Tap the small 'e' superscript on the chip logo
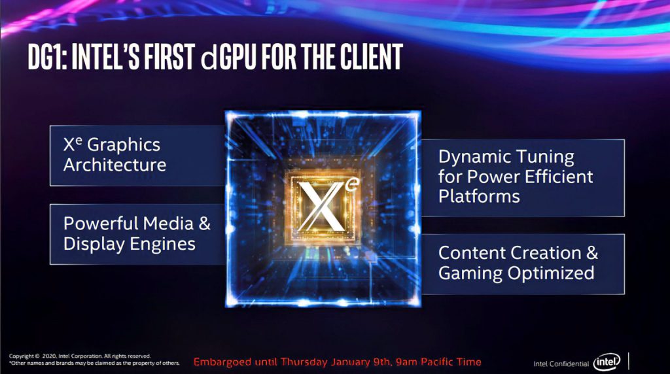click(353, 184)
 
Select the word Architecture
click(115, 165)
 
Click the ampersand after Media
click(205, 224)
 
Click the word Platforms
click(479, 196)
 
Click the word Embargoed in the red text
click(222, 362)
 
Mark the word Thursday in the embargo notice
click(304, 362)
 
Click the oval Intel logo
click(607, 362)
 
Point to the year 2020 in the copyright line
click(49, 356)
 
